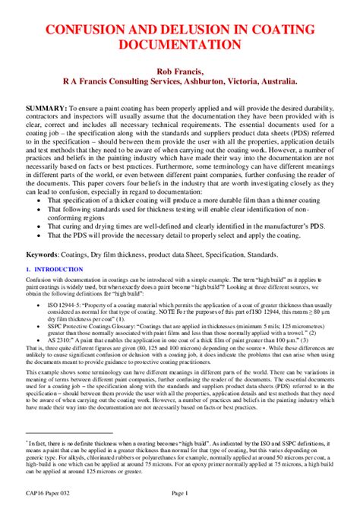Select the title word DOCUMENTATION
(x=179, y=45)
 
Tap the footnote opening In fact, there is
(x=53, y=441)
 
